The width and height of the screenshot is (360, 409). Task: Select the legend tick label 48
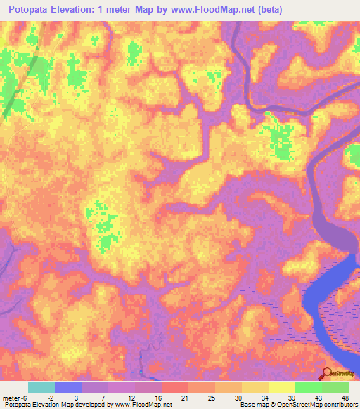click(345, 398)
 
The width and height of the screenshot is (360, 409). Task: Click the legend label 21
click(184, 398)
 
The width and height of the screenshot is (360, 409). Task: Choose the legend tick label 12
click(131, 398)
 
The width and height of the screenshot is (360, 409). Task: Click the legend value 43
click(318, 398)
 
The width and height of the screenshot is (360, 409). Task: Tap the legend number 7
click(103, 398)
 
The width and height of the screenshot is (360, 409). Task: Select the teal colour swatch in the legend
click(41, 387)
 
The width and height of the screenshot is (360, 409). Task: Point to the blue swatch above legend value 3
click(67, 387)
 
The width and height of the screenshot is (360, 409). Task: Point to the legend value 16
click(157, 398)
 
